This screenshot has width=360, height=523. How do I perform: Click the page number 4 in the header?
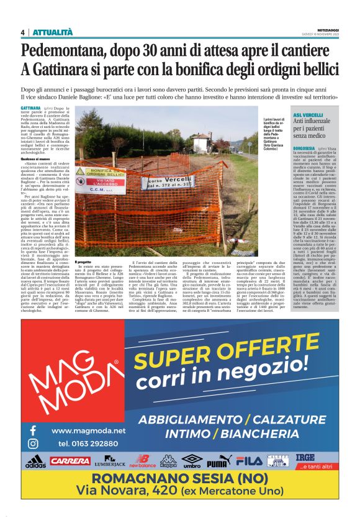point(22,32)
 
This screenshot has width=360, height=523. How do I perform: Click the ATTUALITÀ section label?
point(52,32)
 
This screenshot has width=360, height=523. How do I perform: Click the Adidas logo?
point(35,462)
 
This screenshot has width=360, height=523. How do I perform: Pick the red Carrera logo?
point(70,461)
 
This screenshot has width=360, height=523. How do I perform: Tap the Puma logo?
point(218,462)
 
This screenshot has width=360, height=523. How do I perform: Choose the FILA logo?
point(250,461)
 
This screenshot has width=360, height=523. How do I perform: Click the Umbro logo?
point(192,461)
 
